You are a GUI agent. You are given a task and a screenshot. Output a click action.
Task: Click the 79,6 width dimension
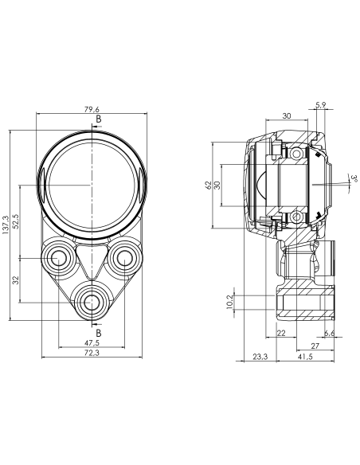click(x=92, y=110)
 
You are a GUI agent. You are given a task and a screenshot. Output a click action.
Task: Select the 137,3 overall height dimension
click(x=6, y=225)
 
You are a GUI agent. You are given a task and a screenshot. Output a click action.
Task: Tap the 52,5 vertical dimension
click(x=15, y=221)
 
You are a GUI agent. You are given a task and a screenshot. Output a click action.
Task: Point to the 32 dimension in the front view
click(x=16, y=280)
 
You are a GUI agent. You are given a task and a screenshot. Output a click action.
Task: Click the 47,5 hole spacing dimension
click(x=92, y=343)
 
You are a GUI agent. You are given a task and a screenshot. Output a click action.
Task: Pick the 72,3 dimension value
click(x=92, y=353)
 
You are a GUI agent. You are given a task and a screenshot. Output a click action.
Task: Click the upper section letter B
click(x=99, y=119)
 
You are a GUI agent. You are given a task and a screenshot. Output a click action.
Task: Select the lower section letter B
click(x=99, y=333)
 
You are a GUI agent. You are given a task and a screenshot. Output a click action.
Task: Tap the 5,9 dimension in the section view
click(x=320, y=104)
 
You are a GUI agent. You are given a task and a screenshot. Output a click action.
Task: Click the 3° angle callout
click(x=354, y=179)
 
